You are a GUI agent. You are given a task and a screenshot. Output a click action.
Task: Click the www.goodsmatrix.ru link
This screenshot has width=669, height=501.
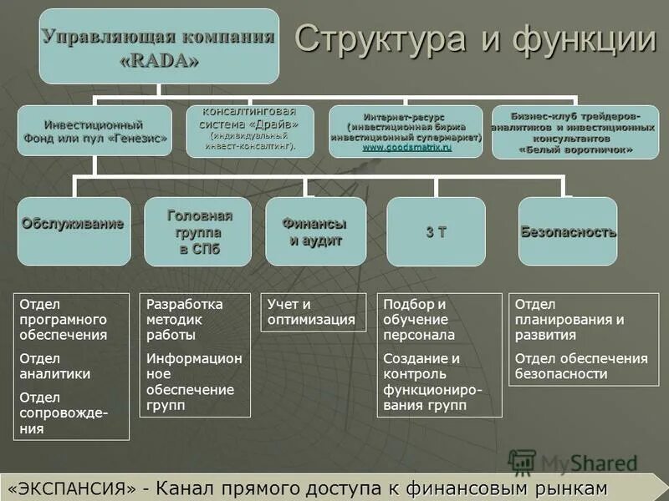406,147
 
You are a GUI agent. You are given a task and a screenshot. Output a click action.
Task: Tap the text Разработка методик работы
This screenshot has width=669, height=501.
185,320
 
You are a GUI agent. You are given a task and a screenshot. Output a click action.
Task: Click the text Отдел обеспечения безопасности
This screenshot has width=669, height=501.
580,366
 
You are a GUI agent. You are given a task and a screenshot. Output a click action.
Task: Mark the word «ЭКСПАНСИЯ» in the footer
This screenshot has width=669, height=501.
74,488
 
